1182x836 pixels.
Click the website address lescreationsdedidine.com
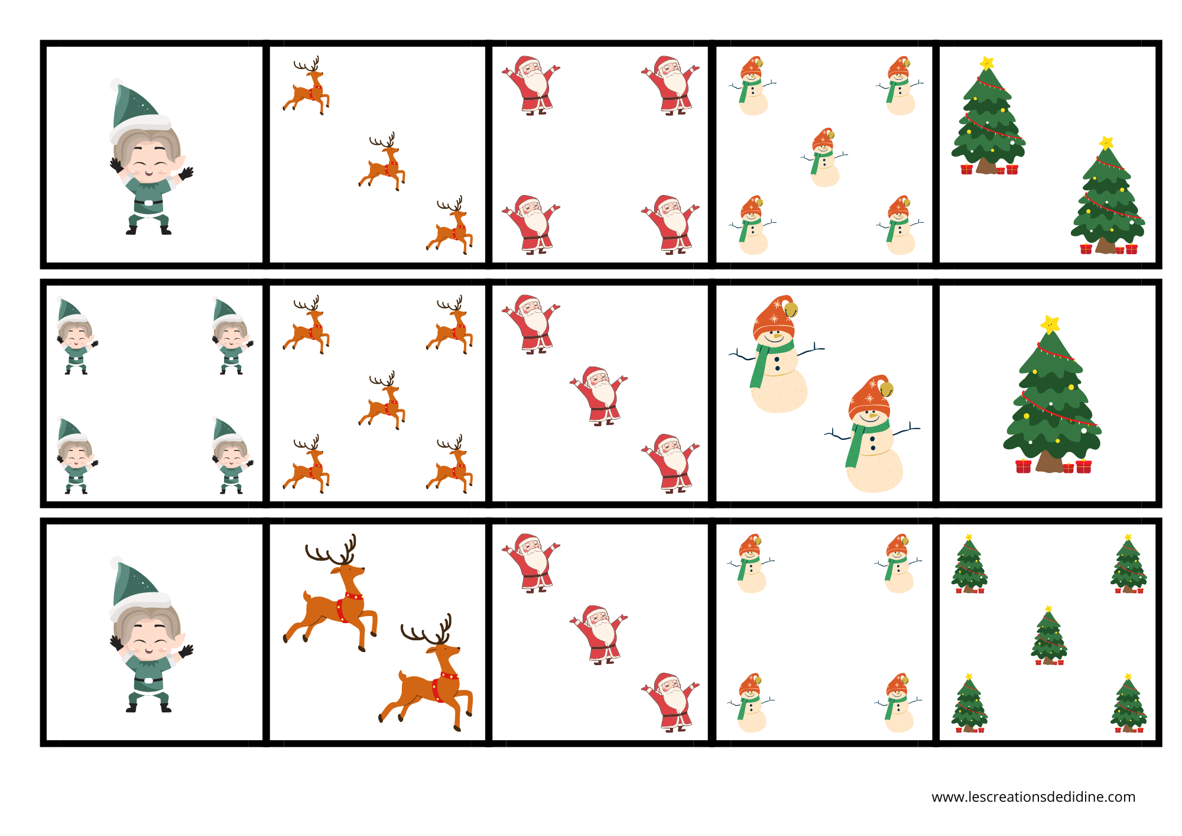(1033, 797)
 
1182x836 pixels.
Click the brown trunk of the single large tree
(1049, 462)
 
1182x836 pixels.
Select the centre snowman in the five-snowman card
(824, 157)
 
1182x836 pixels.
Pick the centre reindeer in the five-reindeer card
(382, 400)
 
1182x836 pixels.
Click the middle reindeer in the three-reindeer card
(382, 161)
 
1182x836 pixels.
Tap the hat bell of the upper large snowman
(791, 310)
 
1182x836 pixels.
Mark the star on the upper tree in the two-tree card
(986, 63)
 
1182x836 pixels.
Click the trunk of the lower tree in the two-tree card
(1106, 246)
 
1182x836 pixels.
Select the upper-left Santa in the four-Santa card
(531, 86)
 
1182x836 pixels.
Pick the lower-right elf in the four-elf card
(232, 455)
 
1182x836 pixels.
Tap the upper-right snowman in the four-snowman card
(898, 563)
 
